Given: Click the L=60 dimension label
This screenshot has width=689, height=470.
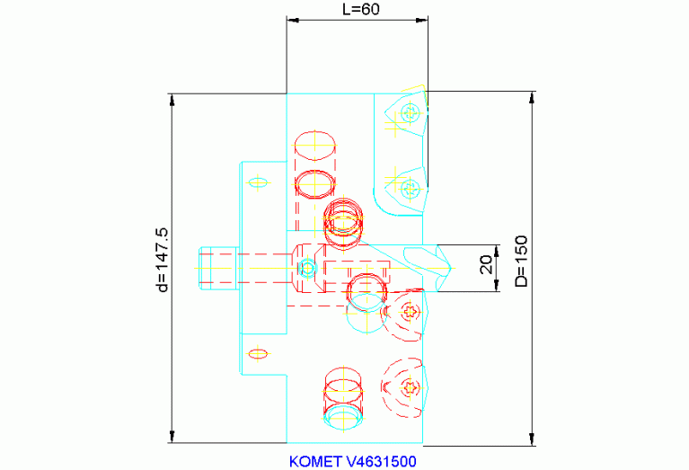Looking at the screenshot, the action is click(x=361, y=9).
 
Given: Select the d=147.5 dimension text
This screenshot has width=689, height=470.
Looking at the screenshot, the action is click(x=162, y=260).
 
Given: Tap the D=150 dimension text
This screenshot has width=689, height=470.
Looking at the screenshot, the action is click(x=521, y=262).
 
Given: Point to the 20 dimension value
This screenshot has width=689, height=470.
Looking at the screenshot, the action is click(x=486, y=265).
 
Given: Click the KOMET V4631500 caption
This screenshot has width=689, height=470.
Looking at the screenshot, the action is click(x=352, y=462).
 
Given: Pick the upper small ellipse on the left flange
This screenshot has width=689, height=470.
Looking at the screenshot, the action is click(x=258, y=182).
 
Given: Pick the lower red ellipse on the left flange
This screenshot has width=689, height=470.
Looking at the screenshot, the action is click(x=258, y=353).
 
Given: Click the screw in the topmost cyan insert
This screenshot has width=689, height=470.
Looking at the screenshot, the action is click(x=411, y=113).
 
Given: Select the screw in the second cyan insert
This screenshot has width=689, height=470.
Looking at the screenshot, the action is click(x=411, y=189).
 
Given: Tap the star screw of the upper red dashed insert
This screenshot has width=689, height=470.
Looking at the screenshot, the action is click(x=411, y=312).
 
